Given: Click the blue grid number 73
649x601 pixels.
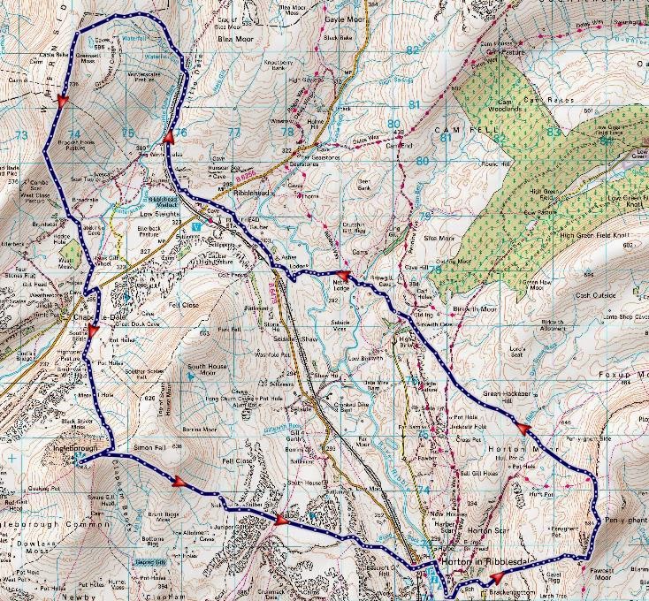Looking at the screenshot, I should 22,135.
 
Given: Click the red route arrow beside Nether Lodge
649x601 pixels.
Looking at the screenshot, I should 346,278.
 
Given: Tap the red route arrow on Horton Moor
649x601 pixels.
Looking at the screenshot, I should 523,430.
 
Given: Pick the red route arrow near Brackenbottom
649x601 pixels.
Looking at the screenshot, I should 495,577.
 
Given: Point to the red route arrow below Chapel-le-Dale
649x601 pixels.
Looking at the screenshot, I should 93,331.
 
